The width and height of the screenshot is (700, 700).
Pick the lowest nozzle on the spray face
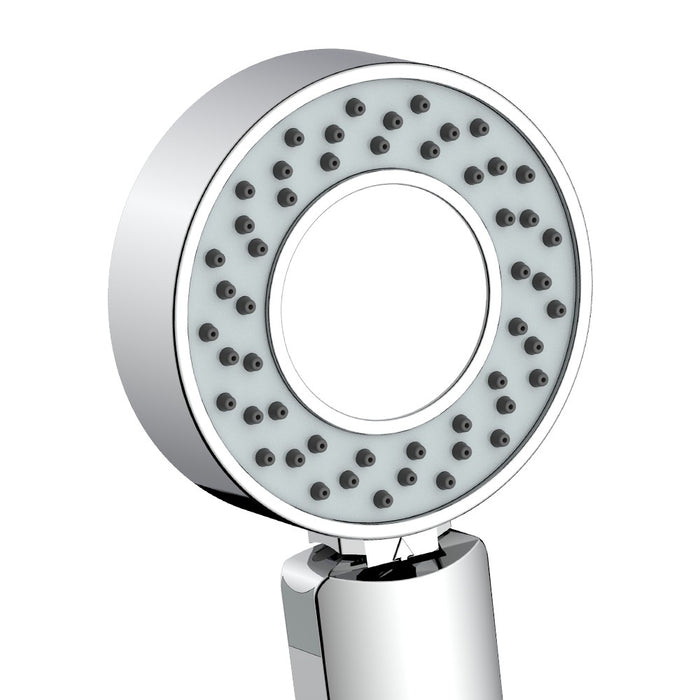click(x=381, y=497)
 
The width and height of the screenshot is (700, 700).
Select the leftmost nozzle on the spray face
click(x=208, y=331)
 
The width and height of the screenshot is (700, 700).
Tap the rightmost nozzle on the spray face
click(x=556, y=309)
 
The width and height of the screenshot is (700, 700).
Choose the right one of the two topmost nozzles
click(x=419, y=103)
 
